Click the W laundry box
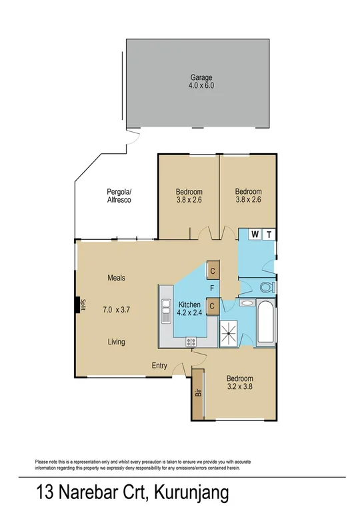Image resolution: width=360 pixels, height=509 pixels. click(x=255, y=234)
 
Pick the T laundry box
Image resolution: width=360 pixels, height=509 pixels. click(x=269, y=234)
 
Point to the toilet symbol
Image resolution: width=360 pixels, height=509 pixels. click(x=266, y=288)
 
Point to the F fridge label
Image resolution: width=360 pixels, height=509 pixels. click(x=212, y=288)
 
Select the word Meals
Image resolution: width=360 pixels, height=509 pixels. click(x=116, y=278)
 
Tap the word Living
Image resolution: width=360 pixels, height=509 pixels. click(x=117, y=342)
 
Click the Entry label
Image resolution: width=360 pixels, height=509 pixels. click(x=159, y=365)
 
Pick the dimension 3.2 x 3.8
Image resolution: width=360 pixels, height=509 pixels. click(x=239, y=386)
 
